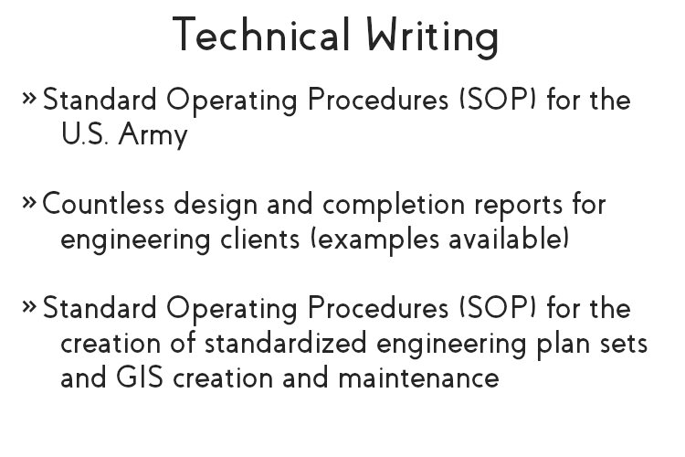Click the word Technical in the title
click(262, 35)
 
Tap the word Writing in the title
click(433, 37)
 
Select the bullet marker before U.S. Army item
click(29, 98)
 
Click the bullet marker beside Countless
click(29, 202)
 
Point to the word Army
click(153, 134)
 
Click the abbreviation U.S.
click(84, 133)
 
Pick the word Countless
click(103, 204)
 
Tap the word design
click(216, 205)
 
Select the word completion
click(394, 205)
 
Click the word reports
click(519, 207)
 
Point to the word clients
click(260, 239)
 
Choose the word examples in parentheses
click(375, 240)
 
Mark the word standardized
click(286, 344)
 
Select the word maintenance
click(419, 378)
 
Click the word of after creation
click(183, 343)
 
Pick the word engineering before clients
click(135, 240)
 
